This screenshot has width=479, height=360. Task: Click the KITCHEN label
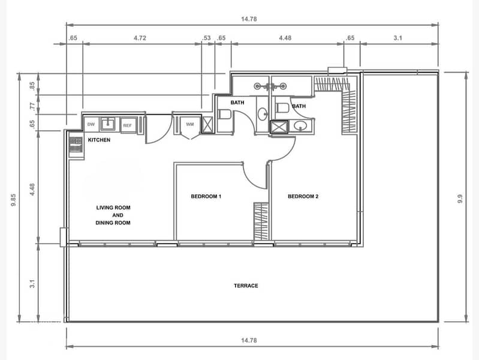click(x=99, y=140)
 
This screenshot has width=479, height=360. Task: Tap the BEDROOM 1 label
click(x=206, y=196)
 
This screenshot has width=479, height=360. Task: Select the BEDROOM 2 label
click(x=303, y=196)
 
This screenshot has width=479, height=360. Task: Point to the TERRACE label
click(x=246, y=286)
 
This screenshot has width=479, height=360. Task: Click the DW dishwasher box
click(x=91, y=124)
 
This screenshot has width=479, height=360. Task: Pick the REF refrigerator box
click(x=127, y=125)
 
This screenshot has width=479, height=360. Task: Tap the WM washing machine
click(x=189, y=124)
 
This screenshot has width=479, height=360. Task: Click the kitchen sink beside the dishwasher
click(x=107, y=124)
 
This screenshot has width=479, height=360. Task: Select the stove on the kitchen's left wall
click(x=76, y=145)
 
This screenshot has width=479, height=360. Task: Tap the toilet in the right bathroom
click(x=282, y=107)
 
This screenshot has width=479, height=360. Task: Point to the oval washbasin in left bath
click(x=263, y=114)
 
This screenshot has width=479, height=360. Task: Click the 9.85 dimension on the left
click(x=13, y=200)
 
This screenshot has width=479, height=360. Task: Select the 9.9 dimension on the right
click(x=460, y=199)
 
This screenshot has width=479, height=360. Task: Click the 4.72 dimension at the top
click(x=140, y=38)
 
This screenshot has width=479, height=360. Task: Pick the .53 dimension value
click(x=206, y=38)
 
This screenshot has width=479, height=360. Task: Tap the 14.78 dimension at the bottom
click(x=249, y=340)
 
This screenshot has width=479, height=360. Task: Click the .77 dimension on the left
click(x=32, y=106)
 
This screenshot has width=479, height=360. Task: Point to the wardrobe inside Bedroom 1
click(x=261, y=221)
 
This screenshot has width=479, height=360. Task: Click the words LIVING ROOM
click(x=113, y=208)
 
